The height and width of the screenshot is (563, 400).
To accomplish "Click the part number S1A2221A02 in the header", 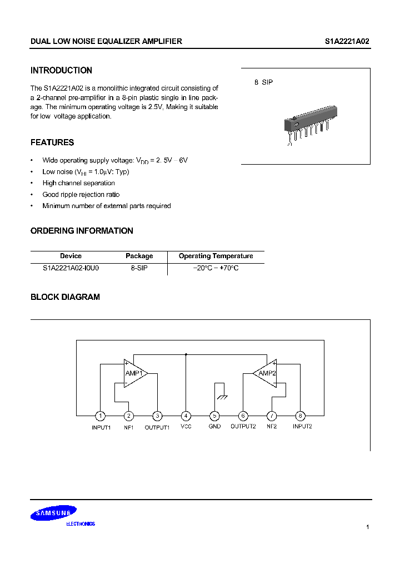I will pos(347,42).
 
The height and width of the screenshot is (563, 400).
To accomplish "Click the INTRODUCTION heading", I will pos(61,71).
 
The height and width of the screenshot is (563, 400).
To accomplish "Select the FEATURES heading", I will pos(52,142).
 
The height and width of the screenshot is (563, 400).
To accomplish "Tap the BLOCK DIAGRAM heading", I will pos(65,297).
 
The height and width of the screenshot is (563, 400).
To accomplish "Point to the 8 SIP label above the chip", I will pos(263,82).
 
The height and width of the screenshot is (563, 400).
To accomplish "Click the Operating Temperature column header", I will pos(216,256).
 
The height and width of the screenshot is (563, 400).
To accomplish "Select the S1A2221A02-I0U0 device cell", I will pos(71,268).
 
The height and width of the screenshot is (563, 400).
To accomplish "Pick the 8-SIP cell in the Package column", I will pos(139,268).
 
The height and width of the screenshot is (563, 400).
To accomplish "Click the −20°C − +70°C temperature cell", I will pos(216,268).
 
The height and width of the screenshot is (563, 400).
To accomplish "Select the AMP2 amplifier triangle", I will pos(266,373).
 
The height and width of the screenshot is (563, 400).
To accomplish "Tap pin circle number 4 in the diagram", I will pos(186,416).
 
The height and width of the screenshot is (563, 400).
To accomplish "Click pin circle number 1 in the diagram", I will pos(100,416).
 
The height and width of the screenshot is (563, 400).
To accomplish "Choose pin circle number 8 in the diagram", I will pos(301,416).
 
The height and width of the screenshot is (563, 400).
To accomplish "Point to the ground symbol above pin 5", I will pos(221,397).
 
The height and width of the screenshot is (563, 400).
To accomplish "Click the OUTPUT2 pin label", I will pos(243,427).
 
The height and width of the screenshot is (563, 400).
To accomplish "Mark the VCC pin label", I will pos(186,427).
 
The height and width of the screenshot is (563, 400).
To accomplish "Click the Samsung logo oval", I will pos(53,514).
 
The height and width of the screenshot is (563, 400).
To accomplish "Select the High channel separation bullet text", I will pos(79,183).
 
